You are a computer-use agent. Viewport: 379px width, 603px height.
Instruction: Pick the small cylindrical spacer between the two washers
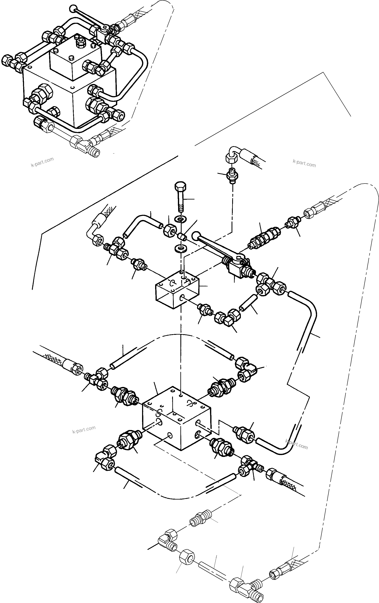[181, 236]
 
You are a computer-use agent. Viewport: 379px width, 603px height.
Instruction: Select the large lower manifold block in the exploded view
[176, 419]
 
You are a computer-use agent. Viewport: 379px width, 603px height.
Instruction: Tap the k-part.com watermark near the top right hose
[304, 163]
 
